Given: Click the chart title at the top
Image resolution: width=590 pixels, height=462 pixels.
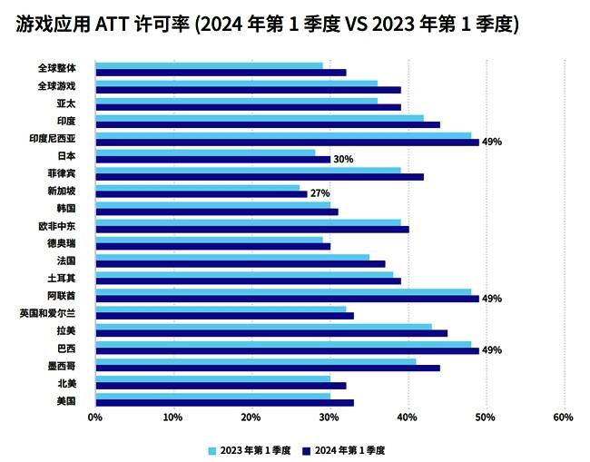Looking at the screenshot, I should pyautogui.click(x=267, y=25).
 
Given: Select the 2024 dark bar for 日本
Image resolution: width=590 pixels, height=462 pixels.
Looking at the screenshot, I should pyautogui.click(x=212, y=159).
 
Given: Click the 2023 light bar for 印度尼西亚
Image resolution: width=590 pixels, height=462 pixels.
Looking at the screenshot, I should pyautogui.click(x=282, y=135).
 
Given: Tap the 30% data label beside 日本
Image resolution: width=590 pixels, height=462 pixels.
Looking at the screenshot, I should pyautogui.click(x=343, y=159).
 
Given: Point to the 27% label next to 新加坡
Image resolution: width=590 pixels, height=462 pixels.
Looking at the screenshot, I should pyautogui.click(x=320, y=193).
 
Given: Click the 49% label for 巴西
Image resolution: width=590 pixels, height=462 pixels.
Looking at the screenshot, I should pyautogui.click(x=492, y=350).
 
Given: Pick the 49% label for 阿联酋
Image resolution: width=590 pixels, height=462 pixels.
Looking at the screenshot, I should pyautogui.click(x=492, y=298).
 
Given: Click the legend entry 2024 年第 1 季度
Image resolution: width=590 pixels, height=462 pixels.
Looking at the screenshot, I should pyautogui.click(x=350, y=449).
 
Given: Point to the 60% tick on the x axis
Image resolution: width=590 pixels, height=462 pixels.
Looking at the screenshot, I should pyautogui.click(x=563, y=418).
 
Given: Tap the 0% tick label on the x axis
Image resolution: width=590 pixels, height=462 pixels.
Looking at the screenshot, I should pyautogui.click(x=94, y=418).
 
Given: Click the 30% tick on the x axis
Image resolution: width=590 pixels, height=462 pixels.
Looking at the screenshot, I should pyautogui.click(x=329, y=418).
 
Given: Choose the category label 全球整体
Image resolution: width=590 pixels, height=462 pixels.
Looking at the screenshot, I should pyautogui.click(x=57, y=68).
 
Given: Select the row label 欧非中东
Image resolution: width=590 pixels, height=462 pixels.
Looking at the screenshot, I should pyautogui.click(x=57, y=225).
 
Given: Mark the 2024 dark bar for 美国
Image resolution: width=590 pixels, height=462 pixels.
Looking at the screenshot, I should pyautogui.click(x=224, y=402).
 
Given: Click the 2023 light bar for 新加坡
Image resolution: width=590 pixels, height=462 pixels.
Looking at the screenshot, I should pyautogui.click(x=197, y=188).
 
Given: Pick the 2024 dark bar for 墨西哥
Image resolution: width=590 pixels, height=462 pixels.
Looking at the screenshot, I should pyautogui.click(x=267, y=368).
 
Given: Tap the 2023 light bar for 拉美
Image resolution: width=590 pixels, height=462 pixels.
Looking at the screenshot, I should pyautogui.click(x=263, y=327).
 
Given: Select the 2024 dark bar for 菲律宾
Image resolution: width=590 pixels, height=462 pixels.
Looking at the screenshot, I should pyautogui.click(x=259, y=176).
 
